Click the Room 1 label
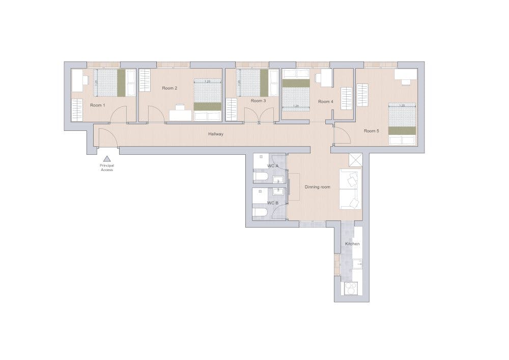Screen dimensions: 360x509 coord(97,105)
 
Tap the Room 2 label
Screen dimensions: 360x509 coord(169,88)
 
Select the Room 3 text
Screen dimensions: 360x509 coord(258,101)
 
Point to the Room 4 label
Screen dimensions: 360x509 coord(326,101)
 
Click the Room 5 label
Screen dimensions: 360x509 coord(372,131)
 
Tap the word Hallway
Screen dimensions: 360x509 coord(216,134)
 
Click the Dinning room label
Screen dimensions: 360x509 coord(318,187)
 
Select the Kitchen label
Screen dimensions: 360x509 coord(352,244)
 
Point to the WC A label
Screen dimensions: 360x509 coord(273,166)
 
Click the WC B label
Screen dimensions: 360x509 coord(273,203)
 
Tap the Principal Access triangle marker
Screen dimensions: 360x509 coord(107,159)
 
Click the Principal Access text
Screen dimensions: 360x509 coord(107,168)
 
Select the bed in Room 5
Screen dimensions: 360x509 coord(403,125)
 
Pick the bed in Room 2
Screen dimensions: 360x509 coord(208,100)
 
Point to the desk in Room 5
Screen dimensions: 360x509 coord(406,75)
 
